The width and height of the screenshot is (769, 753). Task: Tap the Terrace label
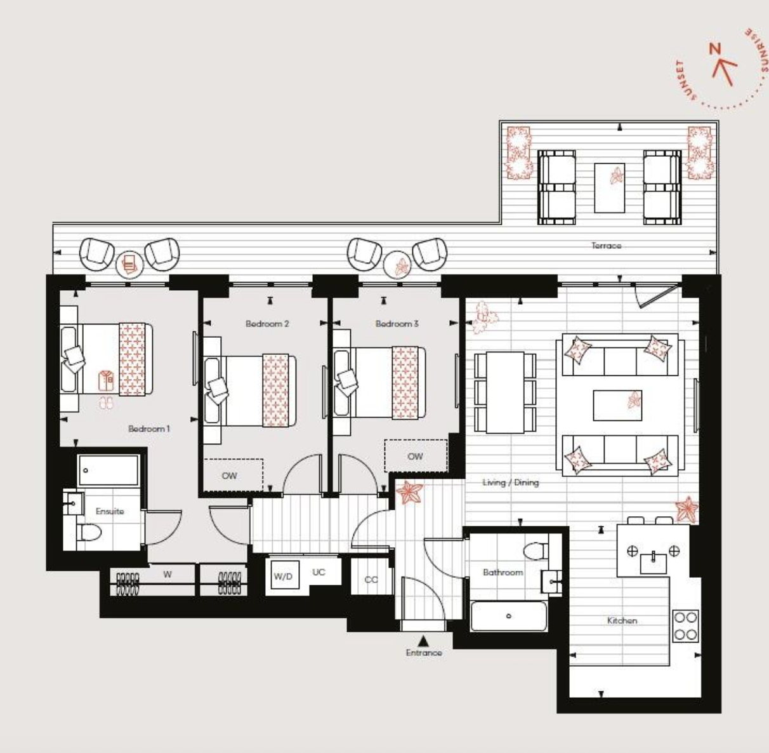click(x=606, y=246)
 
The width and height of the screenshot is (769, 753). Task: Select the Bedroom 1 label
click(x=148, y=429)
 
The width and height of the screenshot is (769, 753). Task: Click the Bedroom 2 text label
click(x=267, y=324)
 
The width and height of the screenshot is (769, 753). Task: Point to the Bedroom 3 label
click(x=397, y=324)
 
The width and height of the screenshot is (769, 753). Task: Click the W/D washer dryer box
click(x=283, y=576)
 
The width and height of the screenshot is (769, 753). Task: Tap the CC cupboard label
click(x=371, y=580)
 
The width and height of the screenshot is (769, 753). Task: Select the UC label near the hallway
click(x=319, y=572)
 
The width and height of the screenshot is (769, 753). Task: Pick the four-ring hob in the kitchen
click(x=686, y=625)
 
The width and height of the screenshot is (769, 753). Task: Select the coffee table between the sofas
click(x=617, y=405)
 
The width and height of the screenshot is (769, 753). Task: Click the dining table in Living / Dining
click(x=505, y=392)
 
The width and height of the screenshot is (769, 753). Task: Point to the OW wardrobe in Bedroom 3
click(x=416, y=456)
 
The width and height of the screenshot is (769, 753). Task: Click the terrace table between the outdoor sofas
click(x=609, y=187)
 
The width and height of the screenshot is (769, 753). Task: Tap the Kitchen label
click(x=622, y=620)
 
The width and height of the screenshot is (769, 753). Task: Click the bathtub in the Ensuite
click(x=108, y=470)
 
